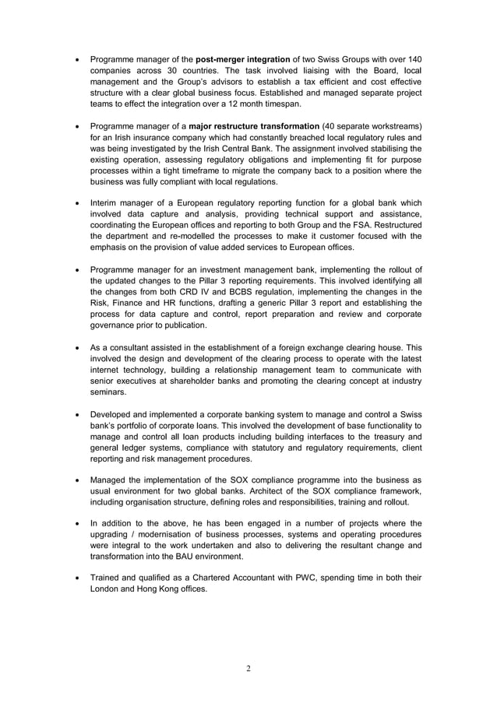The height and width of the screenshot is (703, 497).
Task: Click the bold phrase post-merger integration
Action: (243, 59)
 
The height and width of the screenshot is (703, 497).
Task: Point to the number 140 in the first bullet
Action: (414, 59)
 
